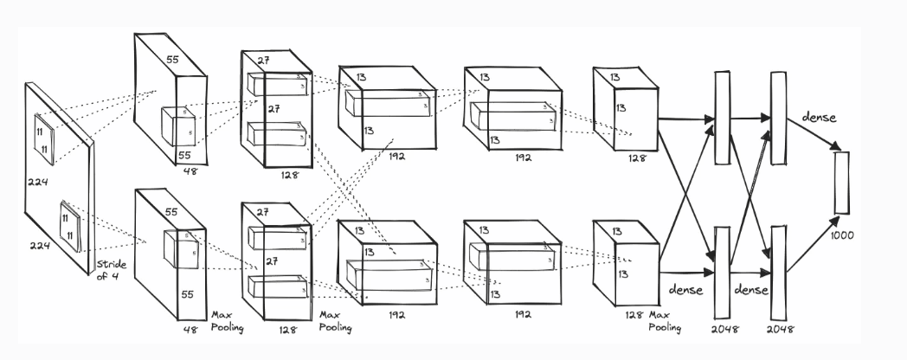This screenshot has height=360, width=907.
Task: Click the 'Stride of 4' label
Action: coord(113,271)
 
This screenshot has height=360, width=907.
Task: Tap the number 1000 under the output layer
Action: coord(841,235)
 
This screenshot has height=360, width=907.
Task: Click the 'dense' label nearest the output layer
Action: coord(820,117)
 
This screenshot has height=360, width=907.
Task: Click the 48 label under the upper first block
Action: coord(191,171)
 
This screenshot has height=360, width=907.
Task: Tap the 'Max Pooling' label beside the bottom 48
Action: coord(226,323)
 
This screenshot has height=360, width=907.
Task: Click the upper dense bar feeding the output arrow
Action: coord(777,118)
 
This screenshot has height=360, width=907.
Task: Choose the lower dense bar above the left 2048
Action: coord(721,273)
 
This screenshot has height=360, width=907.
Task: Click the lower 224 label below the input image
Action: coord(38,246)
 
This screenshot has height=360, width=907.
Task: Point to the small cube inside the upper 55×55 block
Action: coord(179,126)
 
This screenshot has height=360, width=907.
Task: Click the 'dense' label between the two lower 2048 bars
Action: coord(749,290)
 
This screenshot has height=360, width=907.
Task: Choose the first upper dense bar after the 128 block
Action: coord(721,118)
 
